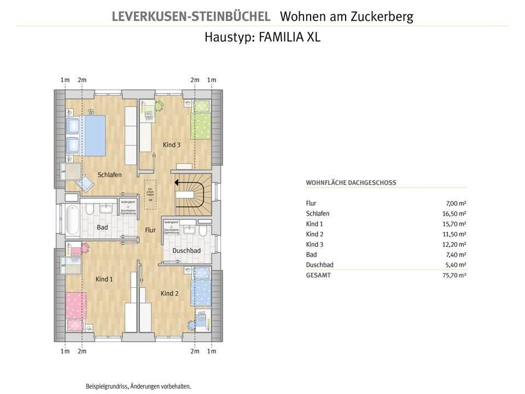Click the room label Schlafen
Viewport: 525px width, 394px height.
pos(109,175)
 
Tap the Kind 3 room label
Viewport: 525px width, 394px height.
pos(171,145)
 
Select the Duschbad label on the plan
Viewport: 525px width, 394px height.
pos(186,251)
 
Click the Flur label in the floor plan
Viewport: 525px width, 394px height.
pos(150,230)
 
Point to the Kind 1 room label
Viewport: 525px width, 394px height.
pos(104,279)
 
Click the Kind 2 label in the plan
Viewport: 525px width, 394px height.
pos(170,294)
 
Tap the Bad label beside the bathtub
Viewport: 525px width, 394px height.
pos(102,227)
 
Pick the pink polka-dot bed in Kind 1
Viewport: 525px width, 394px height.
pos(77,311)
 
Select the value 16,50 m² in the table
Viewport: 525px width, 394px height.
pos(454,213)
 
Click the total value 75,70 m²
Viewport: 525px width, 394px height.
pos(454,275)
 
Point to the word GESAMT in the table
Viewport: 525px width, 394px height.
pos(318,275)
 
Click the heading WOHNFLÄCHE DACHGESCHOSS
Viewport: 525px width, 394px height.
pos(351,183)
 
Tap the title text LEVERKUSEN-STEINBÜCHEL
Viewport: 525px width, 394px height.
pos(190,16)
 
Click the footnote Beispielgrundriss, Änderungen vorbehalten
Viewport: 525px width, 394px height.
pos(138,386)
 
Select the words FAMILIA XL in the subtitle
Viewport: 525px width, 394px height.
pos(290,38)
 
